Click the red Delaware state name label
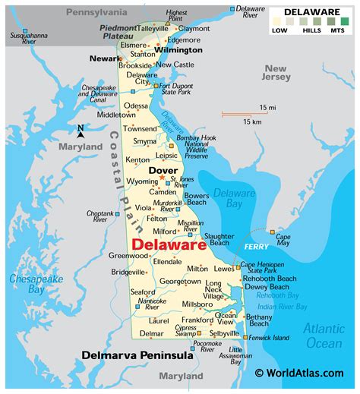[x=169, y=244]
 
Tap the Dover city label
[x=163, y=171]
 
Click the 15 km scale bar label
[x=252, y=122]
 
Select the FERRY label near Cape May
[x=251, y=247]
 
